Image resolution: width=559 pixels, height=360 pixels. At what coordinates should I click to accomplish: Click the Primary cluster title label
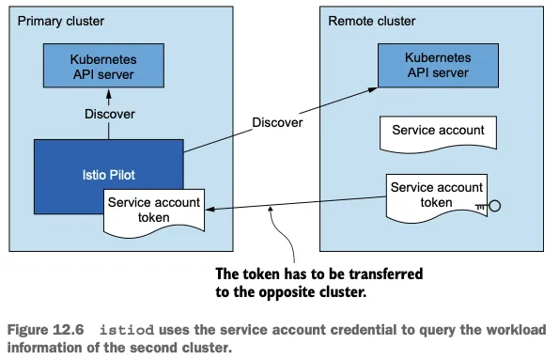[x=61, y=21]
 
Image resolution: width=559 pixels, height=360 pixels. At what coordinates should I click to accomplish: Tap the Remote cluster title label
[x=372, y=21]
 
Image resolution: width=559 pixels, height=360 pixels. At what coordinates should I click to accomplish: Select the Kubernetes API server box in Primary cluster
[x=103, y=66]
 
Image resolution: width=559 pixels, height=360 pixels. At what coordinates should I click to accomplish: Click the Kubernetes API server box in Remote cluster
[x=438, y=65]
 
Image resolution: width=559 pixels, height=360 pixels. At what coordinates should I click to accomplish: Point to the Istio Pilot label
[x=109, y=175]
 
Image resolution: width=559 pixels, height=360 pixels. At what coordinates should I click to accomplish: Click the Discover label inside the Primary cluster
[x=110, y=114]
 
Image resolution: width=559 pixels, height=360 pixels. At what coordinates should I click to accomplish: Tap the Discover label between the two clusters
[x=277, y=123]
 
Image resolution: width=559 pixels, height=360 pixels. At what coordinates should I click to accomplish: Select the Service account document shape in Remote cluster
[x=438, y=134]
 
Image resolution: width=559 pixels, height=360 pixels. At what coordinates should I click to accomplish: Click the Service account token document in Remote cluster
[x=437, y=198]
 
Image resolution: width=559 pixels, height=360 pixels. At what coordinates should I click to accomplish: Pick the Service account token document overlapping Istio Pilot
[x=154, y=213]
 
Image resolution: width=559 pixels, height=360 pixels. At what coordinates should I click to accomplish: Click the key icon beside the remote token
[x=489, y=206]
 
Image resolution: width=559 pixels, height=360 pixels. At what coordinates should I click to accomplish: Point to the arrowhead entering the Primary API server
[x=109, y=95]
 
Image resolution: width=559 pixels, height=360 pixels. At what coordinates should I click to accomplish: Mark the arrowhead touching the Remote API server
[x=373, y=89]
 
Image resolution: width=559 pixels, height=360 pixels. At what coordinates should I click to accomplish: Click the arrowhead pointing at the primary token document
[x=210, y=209]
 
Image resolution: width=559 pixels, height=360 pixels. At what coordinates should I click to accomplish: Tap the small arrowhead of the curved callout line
[x=271, y=209]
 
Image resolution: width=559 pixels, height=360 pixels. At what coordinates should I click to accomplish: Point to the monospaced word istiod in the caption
[x=127, y=330]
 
